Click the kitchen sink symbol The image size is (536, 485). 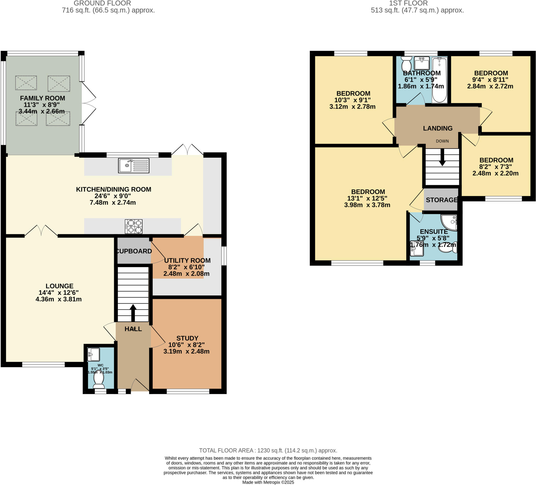point(133,165)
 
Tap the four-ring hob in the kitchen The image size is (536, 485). point(133,226)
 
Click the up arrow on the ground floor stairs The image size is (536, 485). point(133,313)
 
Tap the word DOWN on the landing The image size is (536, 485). point(442,141)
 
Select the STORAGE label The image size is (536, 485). point(442,200)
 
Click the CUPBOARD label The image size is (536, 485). point(134,251)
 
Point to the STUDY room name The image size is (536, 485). point(187,338)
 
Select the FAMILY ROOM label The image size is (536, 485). point(43,98)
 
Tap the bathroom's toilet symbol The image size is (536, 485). point(406,64)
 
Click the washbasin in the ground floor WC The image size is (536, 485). point(94,354)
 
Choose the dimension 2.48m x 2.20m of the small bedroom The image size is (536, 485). point(495,173)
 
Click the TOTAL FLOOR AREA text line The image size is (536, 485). point(268,450)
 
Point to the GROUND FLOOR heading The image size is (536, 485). point(102,3)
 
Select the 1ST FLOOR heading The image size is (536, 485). point(408,3)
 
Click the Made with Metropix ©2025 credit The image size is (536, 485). point(268,482)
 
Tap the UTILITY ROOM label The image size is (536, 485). point(187,261)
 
